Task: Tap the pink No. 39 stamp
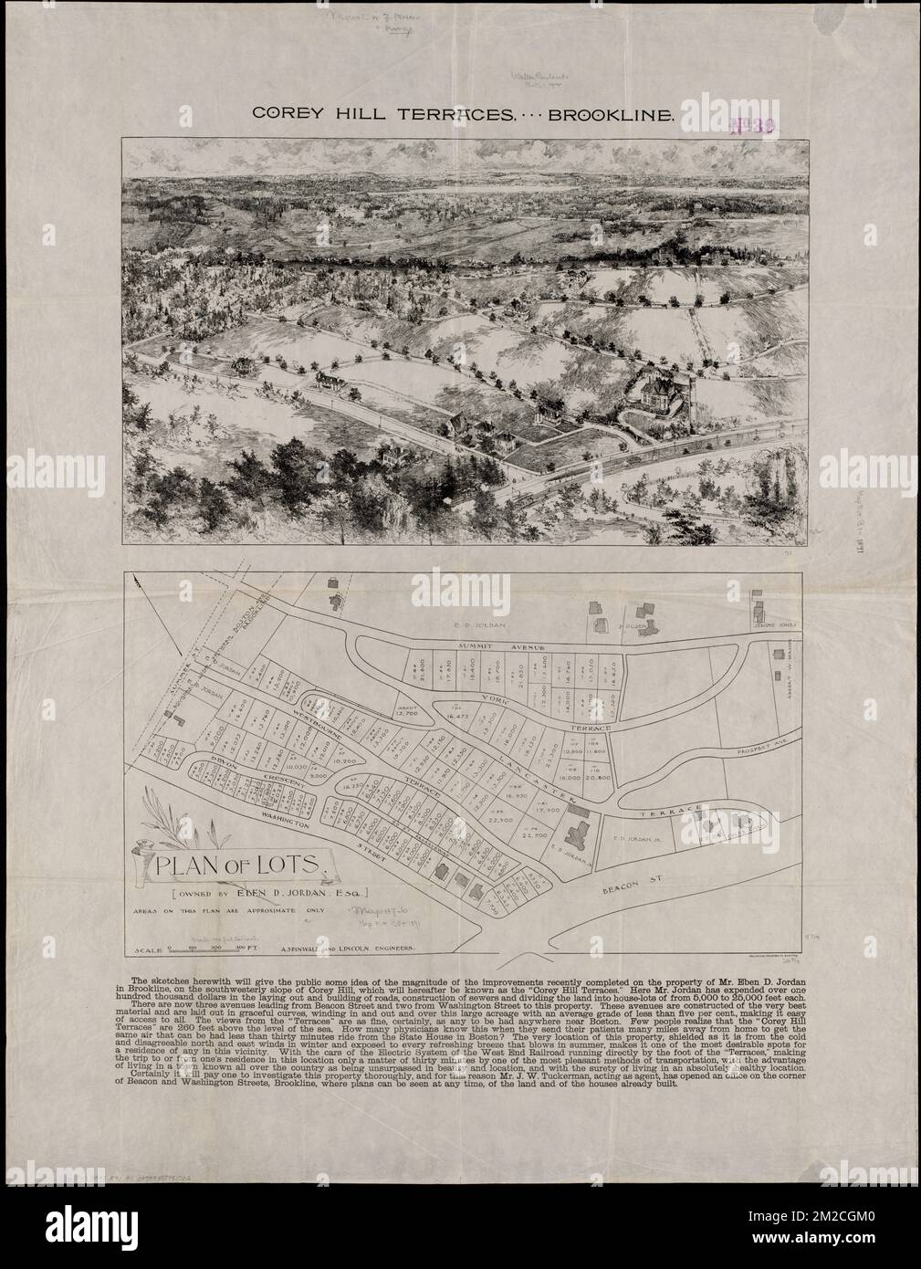click(x=751, y=126)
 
